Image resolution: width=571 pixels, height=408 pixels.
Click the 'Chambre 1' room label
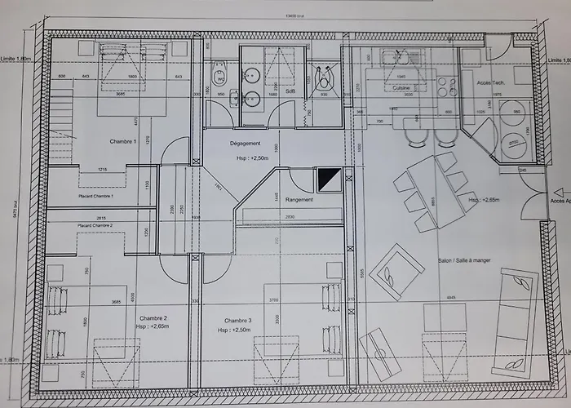point(124,141)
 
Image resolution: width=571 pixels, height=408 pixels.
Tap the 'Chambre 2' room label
point(153,318)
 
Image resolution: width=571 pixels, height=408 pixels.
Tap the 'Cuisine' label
point(401,87)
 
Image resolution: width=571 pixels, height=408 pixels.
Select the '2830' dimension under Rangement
point(290,216)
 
